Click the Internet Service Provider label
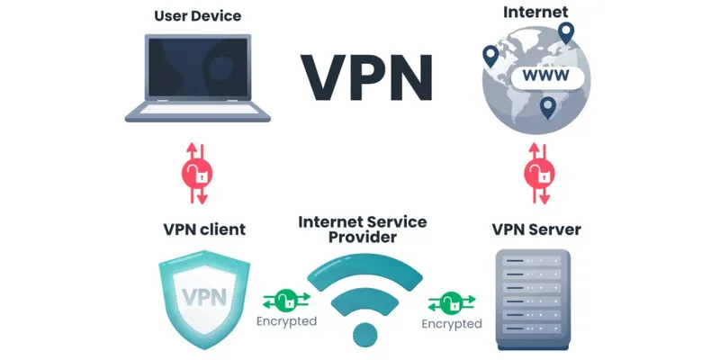(364, 229)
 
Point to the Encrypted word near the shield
(286, 320)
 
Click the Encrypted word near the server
(452, 323)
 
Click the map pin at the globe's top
(565, 33)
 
